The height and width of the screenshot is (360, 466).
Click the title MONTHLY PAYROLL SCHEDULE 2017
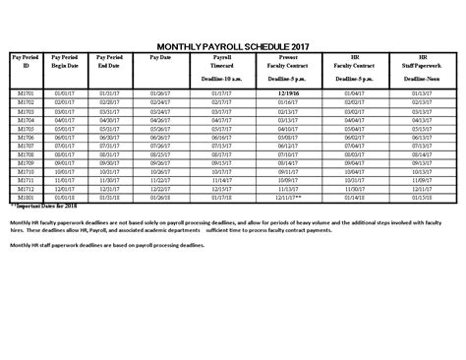pyautogui.click(x=233, y=46)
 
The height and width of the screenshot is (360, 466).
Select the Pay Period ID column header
pyautogui.click(x=28, y=65)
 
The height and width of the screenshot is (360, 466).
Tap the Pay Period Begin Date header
pyautogui.click(x=64, y=65)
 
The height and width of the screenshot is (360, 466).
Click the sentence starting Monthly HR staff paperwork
pyautogui.click(x=108, y=244)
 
